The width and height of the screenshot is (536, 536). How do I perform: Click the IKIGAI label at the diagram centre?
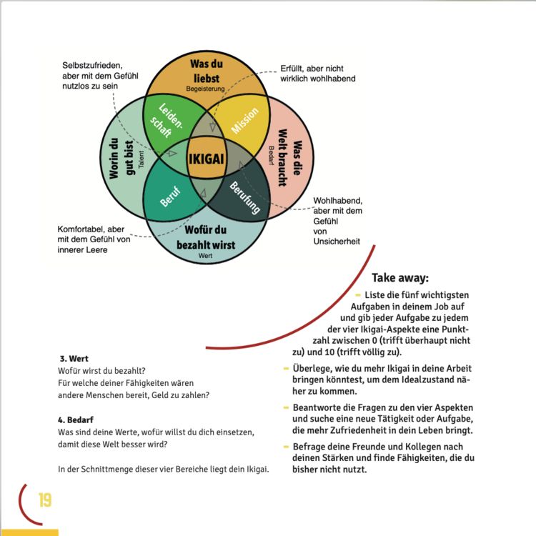[207, 159]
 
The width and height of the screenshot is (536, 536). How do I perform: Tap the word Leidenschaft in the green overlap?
[166, 121]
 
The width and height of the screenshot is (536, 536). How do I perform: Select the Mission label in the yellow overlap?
[244, 120]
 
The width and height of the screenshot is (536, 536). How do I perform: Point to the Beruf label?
[170, 197]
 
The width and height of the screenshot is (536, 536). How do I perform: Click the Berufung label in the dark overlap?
[244, 197]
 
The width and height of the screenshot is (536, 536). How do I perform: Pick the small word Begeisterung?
[205, 89]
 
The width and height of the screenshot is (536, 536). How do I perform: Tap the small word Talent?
[142, 159]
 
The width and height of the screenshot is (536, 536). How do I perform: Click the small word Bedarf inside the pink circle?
[271, 156]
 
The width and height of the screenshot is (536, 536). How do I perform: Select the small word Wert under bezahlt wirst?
[205, 256]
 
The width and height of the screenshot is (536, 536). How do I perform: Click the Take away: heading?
[400, 277]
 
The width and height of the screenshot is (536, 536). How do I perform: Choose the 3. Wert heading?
[74, 359]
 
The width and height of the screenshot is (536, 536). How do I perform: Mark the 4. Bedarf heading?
[76, 420]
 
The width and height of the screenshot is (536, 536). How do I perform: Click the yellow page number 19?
[45, 500]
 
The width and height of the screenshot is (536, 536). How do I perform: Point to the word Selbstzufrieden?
[92, 65]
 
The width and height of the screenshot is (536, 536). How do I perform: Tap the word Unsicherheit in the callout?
[337, 242]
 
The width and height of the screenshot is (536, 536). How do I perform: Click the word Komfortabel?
[80, 229]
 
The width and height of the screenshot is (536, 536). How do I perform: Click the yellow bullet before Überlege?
[286, 369]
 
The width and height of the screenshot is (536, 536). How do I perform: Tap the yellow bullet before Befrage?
[286, 447]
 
